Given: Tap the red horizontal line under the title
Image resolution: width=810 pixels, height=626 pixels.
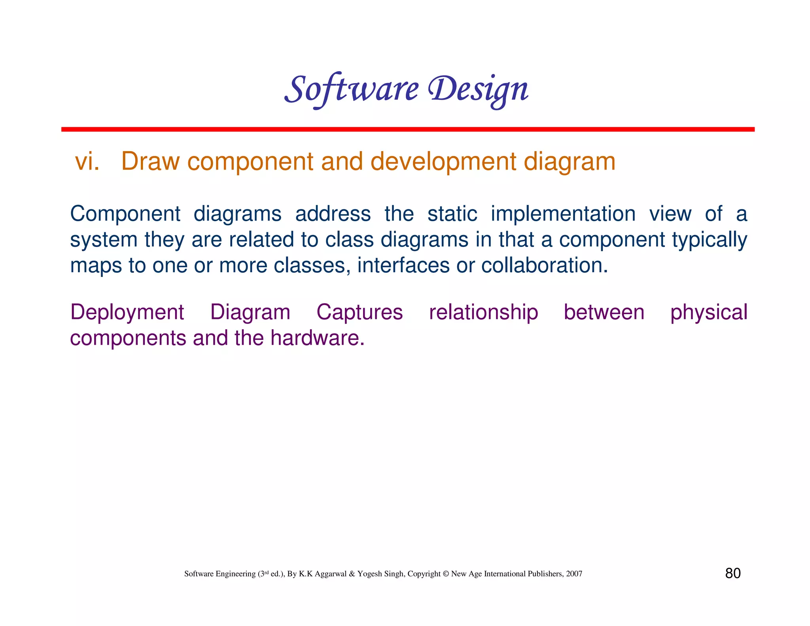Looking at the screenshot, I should tap(407, 129).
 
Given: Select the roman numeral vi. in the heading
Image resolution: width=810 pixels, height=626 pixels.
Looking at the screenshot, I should tap(87, 162).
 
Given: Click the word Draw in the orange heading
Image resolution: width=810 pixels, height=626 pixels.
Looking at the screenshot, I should tap(150, 162).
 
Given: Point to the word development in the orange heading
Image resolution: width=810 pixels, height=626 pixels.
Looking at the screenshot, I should tap(443, 162).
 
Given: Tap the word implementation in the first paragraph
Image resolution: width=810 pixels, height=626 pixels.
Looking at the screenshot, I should tap(563, 214).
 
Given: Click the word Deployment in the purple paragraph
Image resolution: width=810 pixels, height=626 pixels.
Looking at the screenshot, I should tap(127, 313).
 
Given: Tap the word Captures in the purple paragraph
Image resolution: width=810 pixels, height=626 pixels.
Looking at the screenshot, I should tap(360, 313).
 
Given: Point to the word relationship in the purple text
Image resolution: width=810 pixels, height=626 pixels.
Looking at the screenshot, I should tap(483, 313).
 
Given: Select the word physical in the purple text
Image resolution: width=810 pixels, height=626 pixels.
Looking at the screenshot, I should tap(708, 313).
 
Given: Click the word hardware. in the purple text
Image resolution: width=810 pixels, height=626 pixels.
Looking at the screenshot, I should tap(317, 338).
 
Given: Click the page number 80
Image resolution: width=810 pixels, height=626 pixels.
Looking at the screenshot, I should tap(732, 573).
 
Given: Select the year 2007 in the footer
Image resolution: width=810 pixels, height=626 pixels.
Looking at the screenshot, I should tap(574, 574).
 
